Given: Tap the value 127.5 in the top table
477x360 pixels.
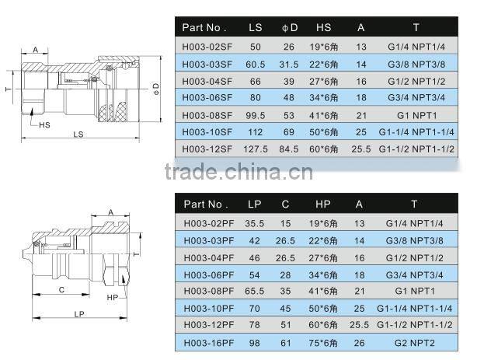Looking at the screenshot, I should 256,148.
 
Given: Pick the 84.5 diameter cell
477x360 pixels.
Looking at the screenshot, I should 289,148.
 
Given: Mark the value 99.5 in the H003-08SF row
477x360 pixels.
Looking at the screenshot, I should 256,114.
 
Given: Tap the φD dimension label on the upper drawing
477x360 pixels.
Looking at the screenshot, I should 155,85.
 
